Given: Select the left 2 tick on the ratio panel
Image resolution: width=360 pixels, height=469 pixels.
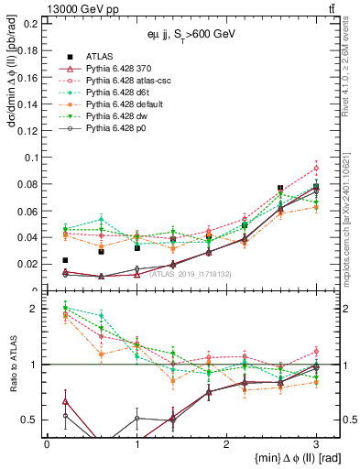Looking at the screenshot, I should click(x=35, y=309).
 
